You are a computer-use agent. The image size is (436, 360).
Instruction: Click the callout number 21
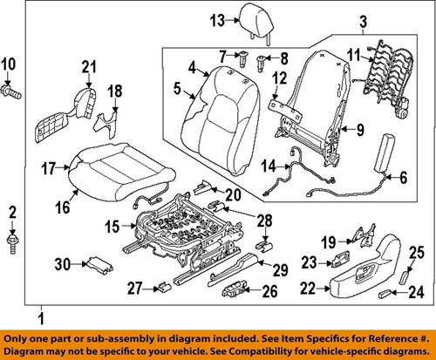88,67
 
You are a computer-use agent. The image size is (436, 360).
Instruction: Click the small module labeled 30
98,265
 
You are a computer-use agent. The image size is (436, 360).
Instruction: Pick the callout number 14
269,166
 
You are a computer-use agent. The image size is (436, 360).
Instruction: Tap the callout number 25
415,253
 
